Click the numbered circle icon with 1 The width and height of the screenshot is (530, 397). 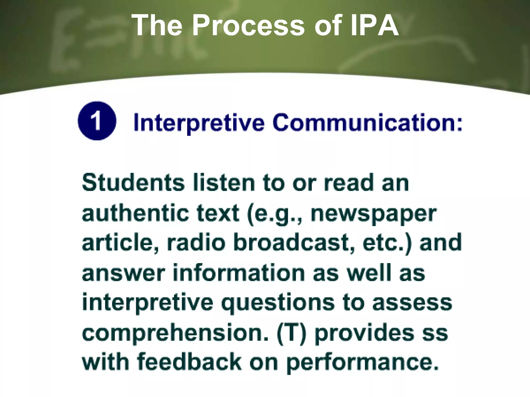coord(97,121)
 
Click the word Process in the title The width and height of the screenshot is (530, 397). coord(248,25)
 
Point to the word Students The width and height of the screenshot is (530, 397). coord(133,183)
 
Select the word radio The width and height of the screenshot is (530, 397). coord(196,243)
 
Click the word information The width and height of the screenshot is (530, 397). coord(239,273)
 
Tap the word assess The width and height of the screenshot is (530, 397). coord(412,303)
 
